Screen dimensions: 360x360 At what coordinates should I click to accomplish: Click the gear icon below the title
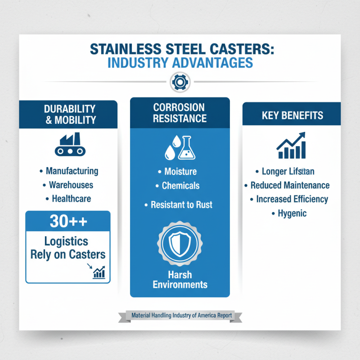(180, 82)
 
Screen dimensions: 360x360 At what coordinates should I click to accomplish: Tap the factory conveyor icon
(68, 145)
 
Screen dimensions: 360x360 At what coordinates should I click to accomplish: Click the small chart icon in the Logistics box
(99, 272)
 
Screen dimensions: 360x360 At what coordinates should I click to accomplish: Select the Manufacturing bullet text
(72, 171)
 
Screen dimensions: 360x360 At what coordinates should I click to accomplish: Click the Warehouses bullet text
(71, 185)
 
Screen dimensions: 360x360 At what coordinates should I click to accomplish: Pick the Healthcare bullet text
(71, 198)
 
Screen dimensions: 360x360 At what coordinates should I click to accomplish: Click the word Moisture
(180, 172)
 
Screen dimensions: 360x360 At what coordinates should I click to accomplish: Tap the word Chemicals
(180, 185)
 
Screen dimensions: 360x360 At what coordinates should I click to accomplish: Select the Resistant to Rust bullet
(181, 205)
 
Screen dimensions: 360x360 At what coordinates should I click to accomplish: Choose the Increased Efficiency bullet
(292, 199)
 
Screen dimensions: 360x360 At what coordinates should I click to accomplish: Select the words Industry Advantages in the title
(180, 63)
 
